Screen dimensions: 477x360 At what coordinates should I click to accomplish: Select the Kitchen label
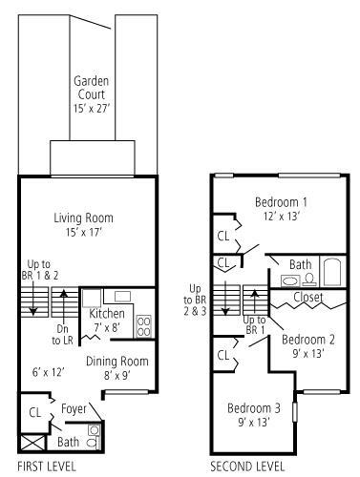click(x=106, y=313)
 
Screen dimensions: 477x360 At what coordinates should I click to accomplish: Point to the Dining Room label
click(x=117, y=361)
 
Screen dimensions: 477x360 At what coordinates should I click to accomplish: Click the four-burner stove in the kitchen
click(x=144, y=326)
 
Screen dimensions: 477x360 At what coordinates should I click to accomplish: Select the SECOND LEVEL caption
click(x=247, y=467)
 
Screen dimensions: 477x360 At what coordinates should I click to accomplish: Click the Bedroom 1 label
click(x=281, y=202)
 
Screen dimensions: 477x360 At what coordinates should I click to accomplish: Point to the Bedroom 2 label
click(x=307, y=340)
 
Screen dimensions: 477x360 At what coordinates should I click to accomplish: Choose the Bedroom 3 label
click(x=253, y=408)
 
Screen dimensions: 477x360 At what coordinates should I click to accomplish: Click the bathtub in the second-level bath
click(x=332, y=273)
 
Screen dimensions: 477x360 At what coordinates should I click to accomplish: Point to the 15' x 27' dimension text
click(x=92, y=111)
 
